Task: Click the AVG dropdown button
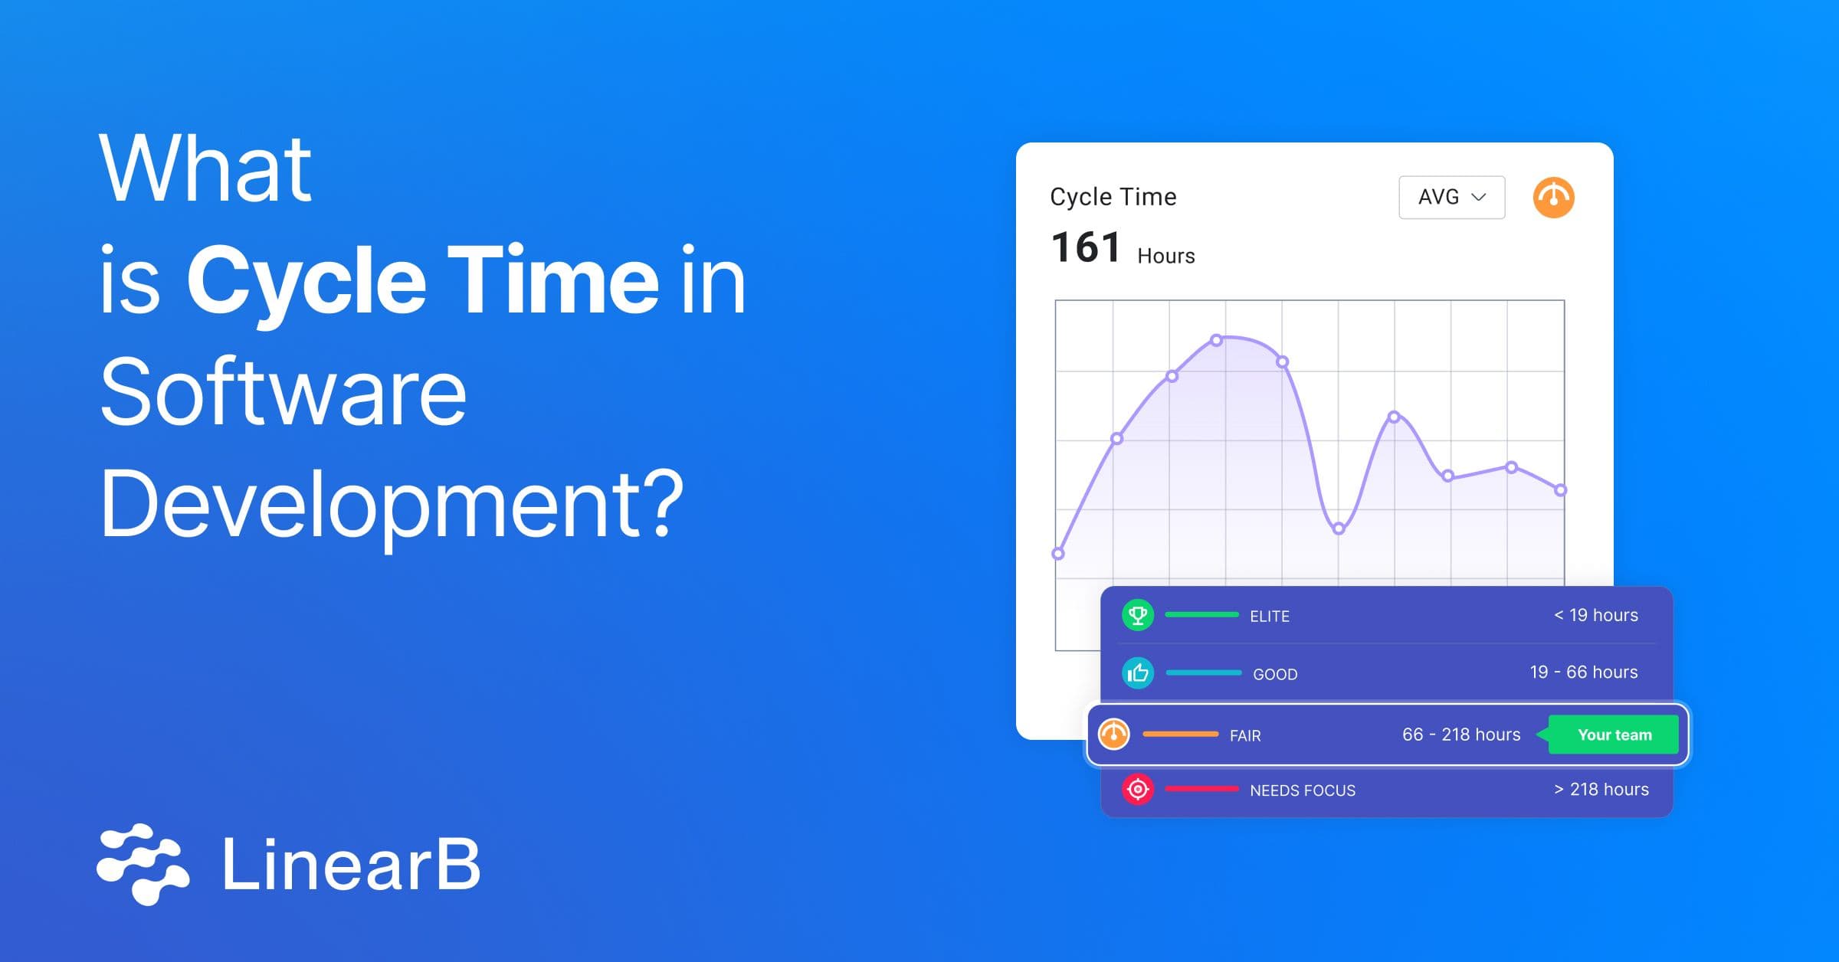(1451, 198)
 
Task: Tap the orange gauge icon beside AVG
(1553, 198)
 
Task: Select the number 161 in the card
(1085, 247)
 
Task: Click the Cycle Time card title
(1113, 197)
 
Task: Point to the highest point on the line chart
(1216, 340)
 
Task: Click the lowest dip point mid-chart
(1339, 528)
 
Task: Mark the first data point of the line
(1058, 554)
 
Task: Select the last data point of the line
(1560, 490)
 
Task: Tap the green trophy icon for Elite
(1138, 615)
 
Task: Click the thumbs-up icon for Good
(1138, 673)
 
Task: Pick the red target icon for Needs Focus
(1138, 789)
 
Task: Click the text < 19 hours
(1595, 615)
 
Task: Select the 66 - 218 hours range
(1460, 735)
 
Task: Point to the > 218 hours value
(1601, 789)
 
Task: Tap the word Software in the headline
(283, 392)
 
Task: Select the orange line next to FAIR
(1180, 735)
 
